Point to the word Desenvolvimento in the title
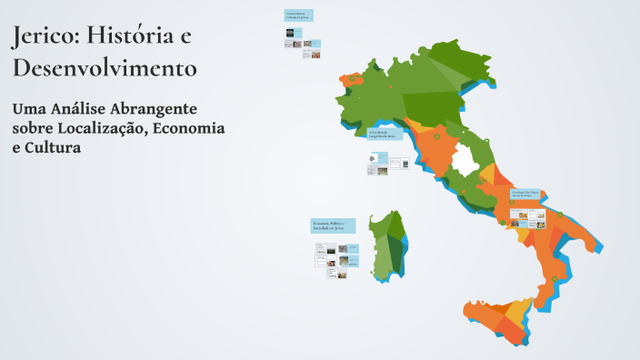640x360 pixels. point(105,67)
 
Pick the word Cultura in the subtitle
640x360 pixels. point(54,146)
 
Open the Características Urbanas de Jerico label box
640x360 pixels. point(298,15)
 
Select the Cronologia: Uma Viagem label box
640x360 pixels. point(526,194)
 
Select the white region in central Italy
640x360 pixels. point(465,162)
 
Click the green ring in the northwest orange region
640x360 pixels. point(350,80)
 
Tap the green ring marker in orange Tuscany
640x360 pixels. point(435,137)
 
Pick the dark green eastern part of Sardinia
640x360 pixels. point(396,245)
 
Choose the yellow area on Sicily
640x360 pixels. point(519,313)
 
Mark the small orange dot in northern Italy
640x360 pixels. point(391,86)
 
